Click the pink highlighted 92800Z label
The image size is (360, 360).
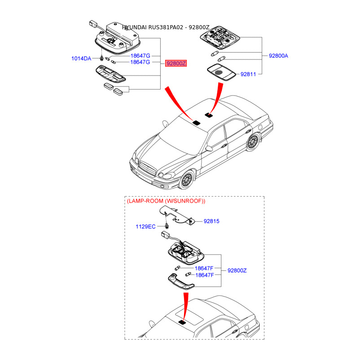176,63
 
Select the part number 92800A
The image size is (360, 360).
279,56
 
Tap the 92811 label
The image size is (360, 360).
248,74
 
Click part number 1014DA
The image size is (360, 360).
81,58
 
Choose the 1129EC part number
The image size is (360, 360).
145,227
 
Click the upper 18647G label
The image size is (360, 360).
140,56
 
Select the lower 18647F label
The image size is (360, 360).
204,274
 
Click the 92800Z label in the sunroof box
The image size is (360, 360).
237,270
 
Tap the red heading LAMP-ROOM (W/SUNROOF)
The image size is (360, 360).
166,201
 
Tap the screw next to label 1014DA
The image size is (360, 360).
103,59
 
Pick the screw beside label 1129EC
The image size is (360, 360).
166,226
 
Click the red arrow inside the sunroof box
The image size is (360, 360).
185,306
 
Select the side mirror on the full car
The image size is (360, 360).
209,148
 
